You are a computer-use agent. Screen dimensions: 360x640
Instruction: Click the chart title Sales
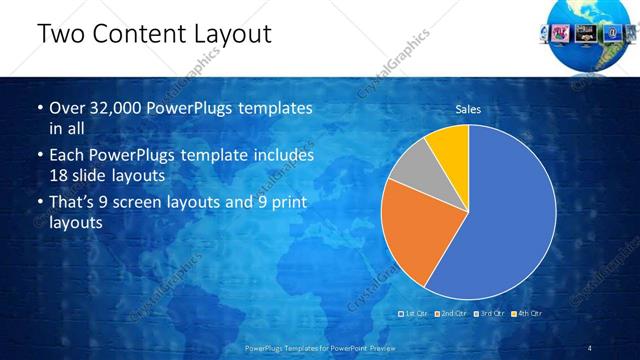pyautogui.click(x=468, y=109)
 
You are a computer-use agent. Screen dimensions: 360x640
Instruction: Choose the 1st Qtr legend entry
pyautogui.click(x=414, y=314)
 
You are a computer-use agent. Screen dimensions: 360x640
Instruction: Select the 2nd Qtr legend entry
pyautogui.click(x=451, y=314)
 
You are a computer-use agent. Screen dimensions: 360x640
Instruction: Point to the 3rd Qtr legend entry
pyautogui.click(x=491, y=314)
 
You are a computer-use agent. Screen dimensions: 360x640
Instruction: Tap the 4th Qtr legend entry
pyautogui.click(x=528, y=314)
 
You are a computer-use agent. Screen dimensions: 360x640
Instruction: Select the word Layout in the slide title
pyautogui.click(x=236, y=34)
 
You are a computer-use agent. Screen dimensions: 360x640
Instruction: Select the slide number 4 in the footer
pyautogui.click(x=590, y=347)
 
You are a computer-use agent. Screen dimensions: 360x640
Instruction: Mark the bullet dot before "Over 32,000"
pyautogui.click(x=40, y=107)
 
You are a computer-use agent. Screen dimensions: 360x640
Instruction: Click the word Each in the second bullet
pyautogui.click(x=68, y=156)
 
